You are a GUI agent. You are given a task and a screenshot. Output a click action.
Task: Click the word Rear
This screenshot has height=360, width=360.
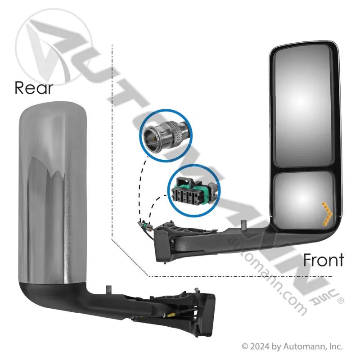(x=34, y=87)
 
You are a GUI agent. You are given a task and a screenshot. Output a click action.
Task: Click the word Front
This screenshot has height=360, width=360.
(x=323, y=260)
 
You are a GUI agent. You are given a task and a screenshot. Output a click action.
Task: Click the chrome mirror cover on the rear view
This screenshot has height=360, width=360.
(x=52, y=193)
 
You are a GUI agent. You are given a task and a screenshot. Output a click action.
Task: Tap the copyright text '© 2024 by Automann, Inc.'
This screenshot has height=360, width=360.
(x=292, y=346)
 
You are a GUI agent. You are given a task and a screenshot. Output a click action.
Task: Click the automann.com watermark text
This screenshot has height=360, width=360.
(x=267, y=275)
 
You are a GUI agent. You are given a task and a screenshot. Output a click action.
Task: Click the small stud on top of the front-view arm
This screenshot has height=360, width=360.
(x=244, y=225)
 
